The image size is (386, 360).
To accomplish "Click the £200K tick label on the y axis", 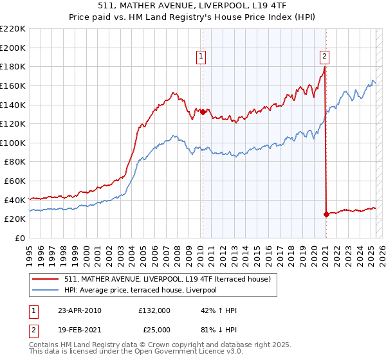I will click(x=14, y=48).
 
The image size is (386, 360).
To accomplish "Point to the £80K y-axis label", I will click(x=15, y=162).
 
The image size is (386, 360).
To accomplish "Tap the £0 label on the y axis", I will click(x=20, y=238).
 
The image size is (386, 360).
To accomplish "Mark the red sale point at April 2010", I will click(x=203, y=112).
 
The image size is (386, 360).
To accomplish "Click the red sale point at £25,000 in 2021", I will click(x=326, y=214).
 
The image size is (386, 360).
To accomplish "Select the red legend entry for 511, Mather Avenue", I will click(x=171, y=279).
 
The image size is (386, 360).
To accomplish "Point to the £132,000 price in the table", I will click(x=154, y=310).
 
